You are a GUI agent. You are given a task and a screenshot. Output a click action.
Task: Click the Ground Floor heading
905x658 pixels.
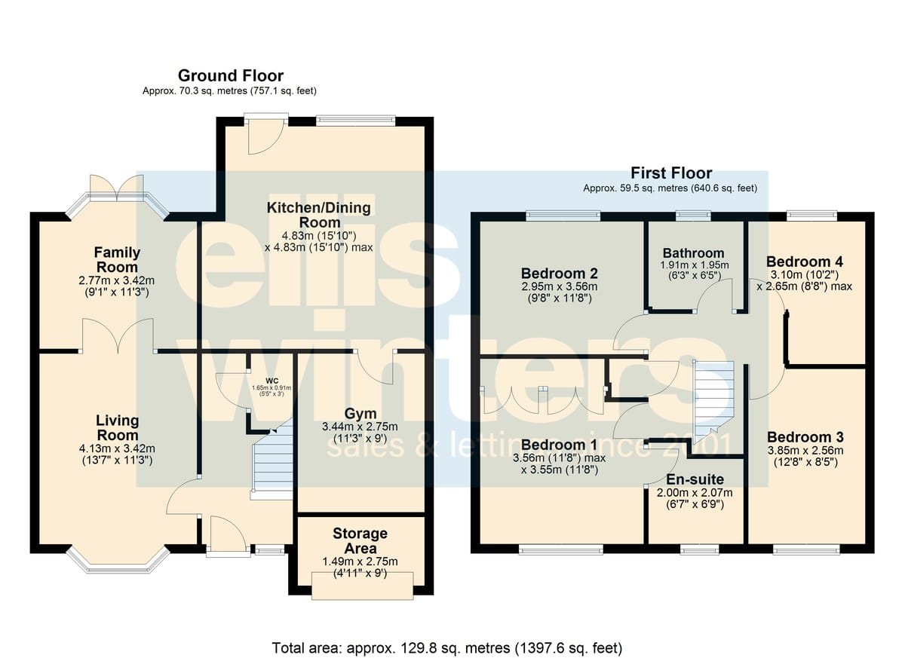click(231, 76)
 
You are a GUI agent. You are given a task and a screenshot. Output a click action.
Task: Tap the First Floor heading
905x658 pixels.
click(671, 173)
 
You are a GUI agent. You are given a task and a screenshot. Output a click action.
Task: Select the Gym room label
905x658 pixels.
click(360, 413)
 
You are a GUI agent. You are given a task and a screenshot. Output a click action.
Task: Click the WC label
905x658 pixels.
click(272, 381)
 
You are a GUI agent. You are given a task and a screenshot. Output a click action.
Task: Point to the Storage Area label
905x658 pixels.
click(360, 540)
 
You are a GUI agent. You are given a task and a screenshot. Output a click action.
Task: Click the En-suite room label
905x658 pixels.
click(695, 479)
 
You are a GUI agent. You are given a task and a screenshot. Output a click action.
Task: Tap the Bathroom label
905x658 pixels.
click(693, 253)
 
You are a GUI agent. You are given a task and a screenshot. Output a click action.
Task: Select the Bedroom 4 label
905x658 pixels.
click(805, 262)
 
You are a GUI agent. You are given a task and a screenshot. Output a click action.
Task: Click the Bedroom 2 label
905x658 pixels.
click(559, 274)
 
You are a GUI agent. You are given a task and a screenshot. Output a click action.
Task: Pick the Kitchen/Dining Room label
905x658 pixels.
click(319, 215)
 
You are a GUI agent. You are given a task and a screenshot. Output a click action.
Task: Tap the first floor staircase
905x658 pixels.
click(713, 402)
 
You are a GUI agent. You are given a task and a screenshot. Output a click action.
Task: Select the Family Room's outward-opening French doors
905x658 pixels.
click(117, 188)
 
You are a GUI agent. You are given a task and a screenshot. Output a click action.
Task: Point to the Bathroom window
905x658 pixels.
click(693, 216)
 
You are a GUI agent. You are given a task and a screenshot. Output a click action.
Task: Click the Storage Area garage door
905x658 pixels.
click(363, 586)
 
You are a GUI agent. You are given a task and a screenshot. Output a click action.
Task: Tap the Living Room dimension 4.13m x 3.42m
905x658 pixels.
click(117, 448)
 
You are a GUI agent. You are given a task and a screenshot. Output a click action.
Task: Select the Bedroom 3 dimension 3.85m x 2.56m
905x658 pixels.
click(805, 451)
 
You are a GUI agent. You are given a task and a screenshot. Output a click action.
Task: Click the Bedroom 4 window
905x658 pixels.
click(812, 216)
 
